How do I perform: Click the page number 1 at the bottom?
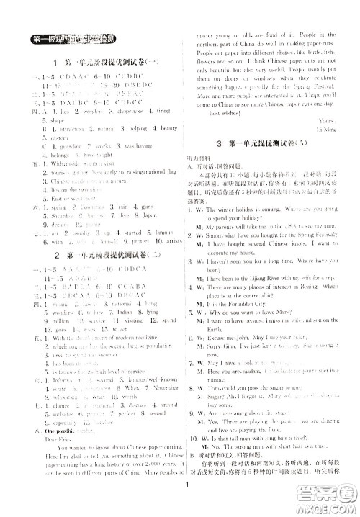coord(185,504)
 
